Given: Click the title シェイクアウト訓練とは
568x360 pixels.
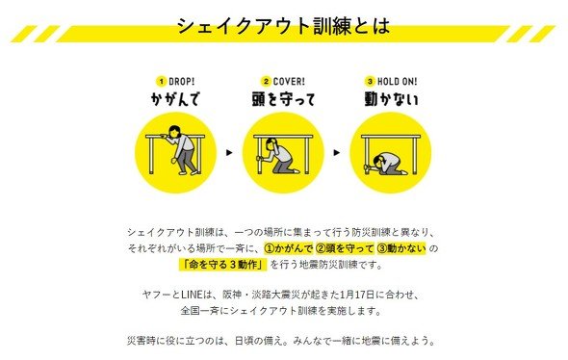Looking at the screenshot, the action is [283, 26].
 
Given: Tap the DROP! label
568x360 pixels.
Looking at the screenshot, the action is [182, 82].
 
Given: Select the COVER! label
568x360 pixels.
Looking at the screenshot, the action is [289, 82].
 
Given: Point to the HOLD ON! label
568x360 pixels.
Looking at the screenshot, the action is [397, 82].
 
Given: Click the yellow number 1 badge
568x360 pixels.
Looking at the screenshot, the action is [162, 82].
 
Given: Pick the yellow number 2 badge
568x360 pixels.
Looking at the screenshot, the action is [267, 82].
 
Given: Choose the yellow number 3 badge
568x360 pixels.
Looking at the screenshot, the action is [370, 82].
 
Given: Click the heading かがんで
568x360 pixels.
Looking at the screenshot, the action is [175, 99].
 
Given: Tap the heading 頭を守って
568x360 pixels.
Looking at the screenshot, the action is [284, 99].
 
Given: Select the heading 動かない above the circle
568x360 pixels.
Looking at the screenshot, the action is [391, 99].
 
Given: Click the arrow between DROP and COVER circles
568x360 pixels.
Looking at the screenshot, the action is [229, 152].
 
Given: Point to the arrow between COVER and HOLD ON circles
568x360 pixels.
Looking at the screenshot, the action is [337, 152].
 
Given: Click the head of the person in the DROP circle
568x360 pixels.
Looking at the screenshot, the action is [175, 131].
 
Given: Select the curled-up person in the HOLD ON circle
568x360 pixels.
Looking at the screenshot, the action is [386, 164].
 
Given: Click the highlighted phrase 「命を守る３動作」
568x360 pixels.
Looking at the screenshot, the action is [222, 265].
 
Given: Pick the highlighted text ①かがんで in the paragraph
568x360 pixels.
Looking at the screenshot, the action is [289, 248].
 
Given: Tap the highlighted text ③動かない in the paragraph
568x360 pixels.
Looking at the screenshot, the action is [401, 248].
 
